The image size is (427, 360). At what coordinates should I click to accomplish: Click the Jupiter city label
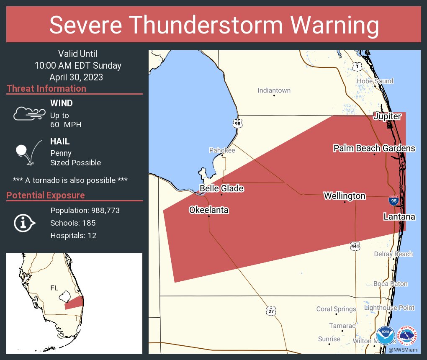[387, 116]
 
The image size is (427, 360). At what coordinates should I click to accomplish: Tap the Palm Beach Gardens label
[374, 148]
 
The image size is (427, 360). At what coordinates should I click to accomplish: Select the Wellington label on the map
[345, 196]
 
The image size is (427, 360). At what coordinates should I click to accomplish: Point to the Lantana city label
[399, 217]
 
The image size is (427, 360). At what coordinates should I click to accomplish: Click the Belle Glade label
[221, 189]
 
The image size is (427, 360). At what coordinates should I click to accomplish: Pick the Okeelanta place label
[209, 210]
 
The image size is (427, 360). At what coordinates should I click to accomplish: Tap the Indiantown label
[274, 90]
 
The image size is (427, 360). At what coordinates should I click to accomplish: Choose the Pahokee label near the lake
[222, 150]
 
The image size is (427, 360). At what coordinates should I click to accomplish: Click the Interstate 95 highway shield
[394, 201]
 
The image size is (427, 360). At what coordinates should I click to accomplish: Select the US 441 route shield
[355, 247]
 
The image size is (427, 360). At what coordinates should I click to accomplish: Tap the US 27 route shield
[271, 311]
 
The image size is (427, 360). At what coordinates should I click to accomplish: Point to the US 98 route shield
[238, 123]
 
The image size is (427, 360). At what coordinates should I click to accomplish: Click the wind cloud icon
[29, 113]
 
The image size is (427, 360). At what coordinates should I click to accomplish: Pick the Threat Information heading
[46, 89]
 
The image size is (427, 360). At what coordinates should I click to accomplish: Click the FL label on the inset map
[54, 288]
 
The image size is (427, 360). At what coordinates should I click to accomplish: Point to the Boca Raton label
[390, 284]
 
